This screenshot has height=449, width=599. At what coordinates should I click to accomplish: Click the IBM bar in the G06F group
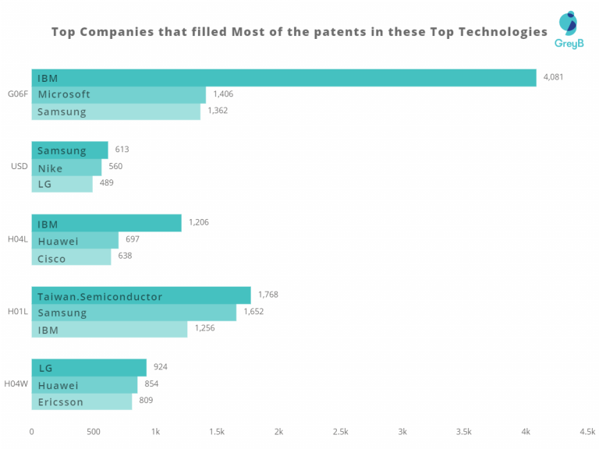tap(284, 77)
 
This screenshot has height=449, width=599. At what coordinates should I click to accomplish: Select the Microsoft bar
tap(119, 94)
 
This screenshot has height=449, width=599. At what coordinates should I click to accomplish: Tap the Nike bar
tap(66, 167)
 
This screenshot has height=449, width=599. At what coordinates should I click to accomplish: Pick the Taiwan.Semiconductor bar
tap(141, 295)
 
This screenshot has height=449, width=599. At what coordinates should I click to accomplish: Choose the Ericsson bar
tap(82, 401)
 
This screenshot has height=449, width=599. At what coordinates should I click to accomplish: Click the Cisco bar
tap(71, 257)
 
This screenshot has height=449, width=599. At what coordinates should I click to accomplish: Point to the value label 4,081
tap(553, 77)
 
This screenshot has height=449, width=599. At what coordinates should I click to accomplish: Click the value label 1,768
tap(268, 295)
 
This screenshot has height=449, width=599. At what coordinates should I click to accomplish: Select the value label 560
tap(115, 166)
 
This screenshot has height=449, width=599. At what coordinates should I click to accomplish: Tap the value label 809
tap(146, 401)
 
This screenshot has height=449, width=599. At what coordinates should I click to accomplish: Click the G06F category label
tap(17, 94)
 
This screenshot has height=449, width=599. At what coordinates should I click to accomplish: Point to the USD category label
tap(19, 166)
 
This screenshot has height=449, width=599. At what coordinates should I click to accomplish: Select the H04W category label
tap(16, 384)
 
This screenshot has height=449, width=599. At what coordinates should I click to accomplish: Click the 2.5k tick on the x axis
tap(340, 431)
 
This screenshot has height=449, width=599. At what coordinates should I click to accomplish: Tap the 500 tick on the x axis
tap(94, 431)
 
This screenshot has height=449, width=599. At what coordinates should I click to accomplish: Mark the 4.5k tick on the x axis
tap(587, 431)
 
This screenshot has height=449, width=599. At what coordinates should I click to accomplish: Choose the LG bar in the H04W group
tap(89, 367)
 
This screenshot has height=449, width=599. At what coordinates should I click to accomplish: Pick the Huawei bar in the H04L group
tap(75, 240)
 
